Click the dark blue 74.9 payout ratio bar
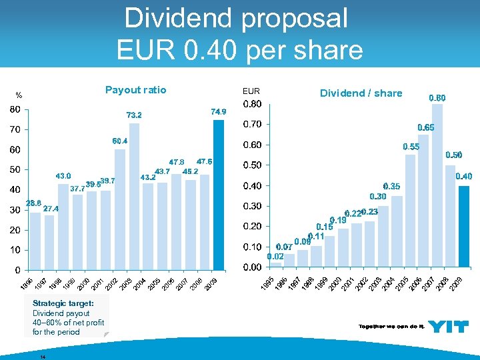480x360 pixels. tap(218, 195)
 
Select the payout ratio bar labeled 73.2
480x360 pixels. tap(135, 196)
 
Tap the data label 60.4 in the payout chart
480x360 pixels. tap(120, 141)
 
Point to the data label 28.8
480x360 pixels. tap(33, 203)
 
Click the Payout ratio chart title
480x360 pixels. tap(136, 90)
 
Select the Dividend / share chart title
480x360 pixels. tap(361, 93)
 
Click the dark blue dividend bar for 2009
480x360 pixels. tap(465, 226)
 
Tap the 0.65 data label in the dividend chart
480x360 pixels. tap(425, 127)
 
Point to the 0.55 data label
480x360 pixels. tap(411, 147)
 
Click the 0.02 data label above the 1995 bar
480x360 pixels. tap(275, 256)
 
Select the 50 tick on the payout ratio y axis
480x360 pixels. tap(14, 169)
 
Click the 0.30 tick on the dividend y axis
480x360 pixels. tap(252, 206)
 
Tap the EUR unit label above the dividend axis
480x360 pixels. tap(251, 91)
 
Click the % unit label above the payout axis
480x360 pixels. tap(19, 94)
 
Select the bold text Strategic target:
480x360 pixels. tap(63, 303)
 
